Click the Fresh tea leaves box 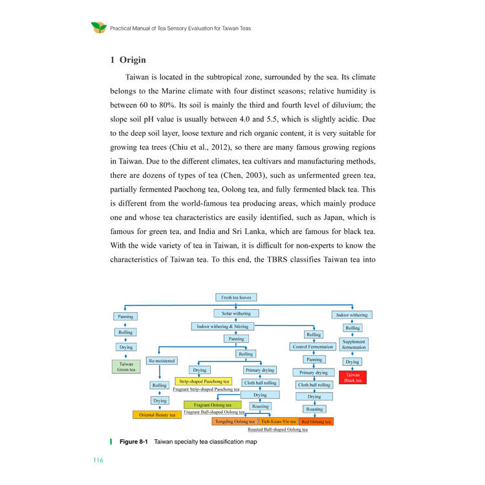tap(236, 297)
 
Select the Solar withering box tap(236, 314)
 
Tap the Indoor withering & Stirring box tap(222, 327)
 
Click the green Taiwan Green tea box tap(126, 367)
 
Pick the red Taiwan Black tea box tap(352, 378)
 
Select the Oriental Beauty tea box tap(157, 415)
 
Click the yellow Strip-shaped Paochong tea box tap(204, 382)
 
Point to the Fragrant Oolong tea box tap(213, 405)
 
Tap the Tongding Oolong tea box tap(235, 421)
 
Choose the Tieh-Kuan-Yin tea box tap(278, 421)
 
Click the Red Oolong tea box tap(316, 421)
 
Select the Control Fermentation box tap(313, 347)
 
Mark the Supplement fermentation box tap(354, 344)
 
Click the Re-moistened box tap(162, 361)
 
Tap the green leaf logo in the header tap(99, 28)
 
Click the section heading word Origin tap(133, 59)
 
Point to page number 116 tap(98, 460)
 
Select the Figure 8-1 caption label tap(134, 442)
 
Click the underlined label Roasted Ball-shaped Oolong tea tap(278, 429)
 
